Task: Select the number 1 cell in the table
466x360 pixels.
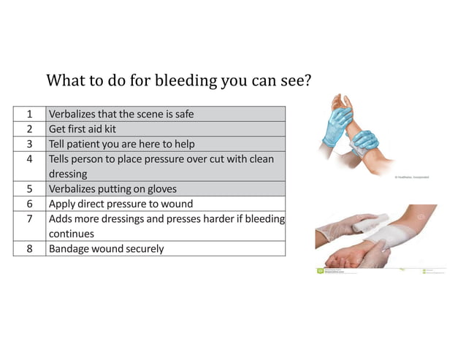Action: point(29,113)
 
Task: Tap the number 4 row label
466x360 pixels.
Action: point(29,158)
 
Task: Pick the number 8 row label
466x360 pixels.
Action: point(29,248)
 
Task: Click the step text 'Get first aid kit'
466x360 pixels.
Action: point(83,129)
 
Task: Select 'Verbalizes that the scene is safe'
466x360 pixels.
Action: point(121,113)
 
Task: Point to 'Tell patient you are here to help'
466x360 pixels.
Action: point(121,143)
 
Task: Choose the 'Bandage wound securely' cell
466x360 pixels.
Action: point(106,248)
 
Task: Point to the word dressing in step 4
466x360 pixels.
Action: point(68,174)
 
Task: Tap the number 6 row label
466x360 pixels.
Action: point(29,204)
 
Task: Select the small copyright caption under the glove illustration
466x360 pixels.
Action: point(412,177)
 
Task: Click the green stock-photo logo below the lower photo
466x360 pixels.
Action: point(321,271)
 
